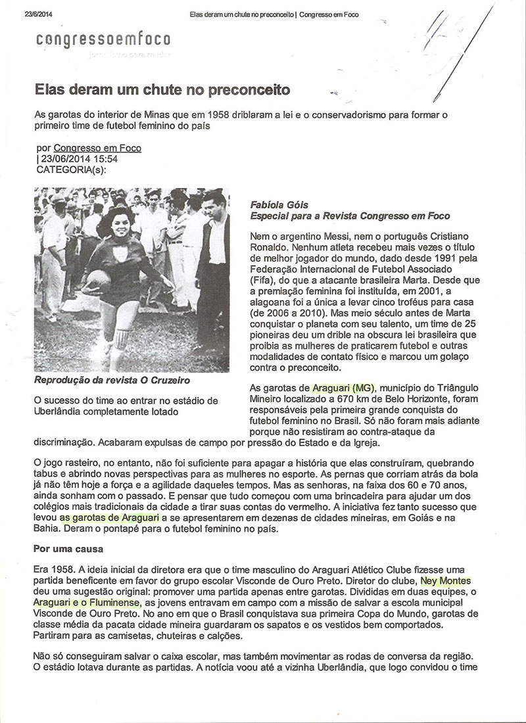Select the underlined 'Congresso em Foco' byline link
[x=97, y=149]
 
